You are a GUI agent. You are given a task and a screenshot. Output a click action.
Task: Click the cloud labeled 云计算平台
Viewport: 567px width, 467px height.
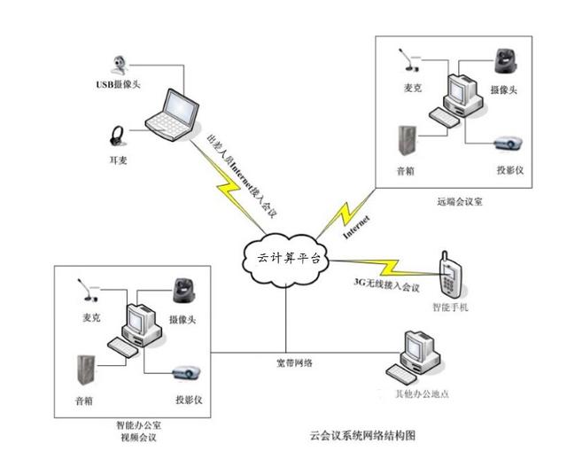[x=285, y=258]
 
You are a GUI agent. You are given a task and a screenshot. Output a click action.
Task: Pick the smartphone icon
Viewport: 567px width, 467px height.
[x=449, y=276]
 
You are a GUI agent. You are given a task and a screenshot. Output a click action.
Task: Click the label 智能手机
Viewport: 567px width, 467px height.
[x=449, y=308]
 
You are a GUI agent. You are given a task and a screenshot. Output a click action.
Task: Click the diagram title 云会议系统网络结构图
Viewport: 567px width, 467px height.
[x=362, y=436]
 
